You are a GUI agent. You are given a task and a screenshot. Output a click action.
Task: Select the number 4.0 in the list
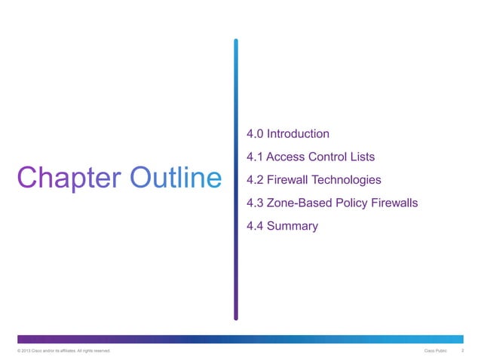[255, 134]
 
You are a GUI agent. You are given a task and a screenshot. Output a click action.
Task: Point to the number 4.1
[255, 157]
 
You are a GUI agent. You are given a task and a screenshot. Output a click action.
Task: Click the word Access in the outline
[286, 157]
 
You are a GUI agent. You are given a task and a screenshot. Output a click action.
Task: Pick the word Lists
[360, 157]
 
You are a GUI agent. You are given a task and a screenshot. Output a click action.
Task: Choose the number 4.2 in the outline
[255, 180]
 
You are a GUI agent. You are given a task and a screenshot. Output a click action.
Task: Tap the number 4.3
[255, 203]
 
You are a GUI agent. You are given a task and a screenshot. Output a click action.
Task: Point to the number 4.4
[255, 226]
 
